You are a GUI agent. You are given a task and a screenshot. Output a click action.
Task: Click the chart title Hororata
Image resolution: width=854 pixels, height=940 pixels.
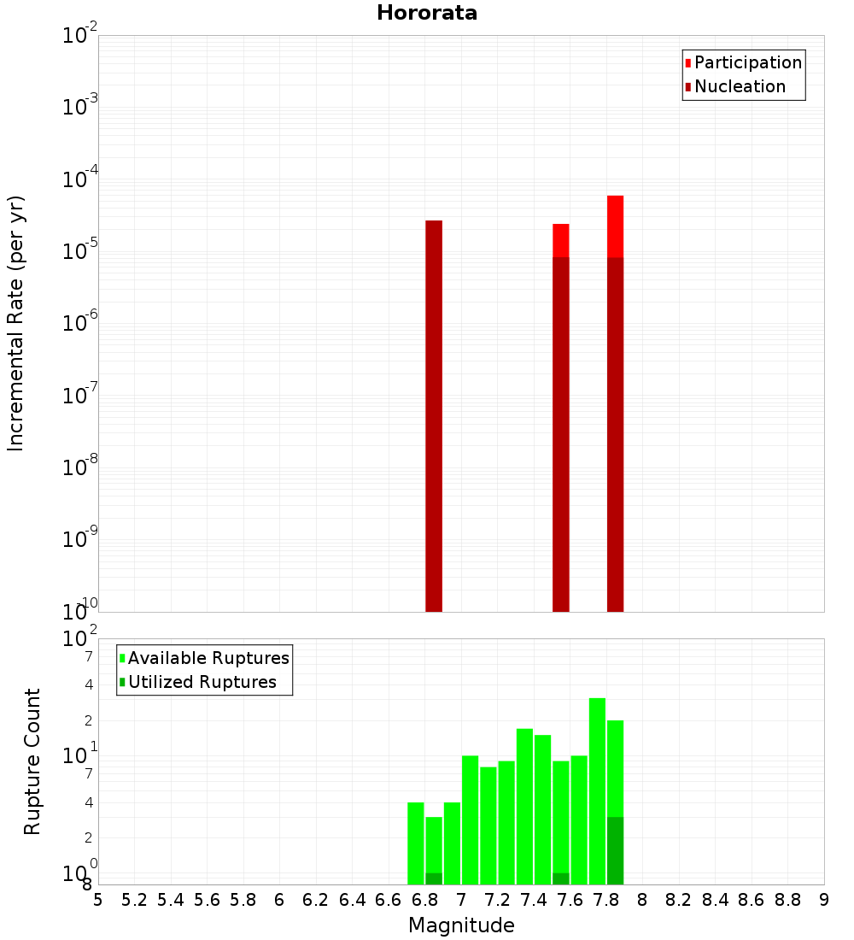click(427, 13)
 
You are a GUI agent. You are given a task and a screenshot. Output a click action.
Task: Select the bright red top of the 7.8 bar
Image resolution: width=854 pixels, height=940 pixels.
click(615, 226)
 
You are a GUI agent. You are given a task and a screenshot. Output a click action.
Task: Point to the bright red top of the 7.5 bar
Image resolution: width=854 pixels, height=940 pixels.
click(561, 240)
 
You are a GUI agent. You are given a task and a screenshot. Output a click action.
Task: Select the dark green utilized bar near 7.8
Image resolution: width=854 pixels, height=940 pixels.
click(615, 850)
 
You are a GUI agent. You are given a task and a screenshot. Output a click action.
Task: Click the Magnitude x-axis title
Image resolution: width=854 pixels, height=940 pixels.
click(461, 925)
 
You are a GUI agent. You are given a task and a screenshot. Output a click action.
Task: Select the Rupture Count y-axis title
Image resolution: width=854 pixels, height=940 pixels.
click(32, 761)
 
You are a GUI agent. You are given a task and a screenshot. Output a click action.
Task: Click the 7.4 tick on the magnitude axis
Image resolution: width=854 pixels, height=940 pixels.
click(534, 900)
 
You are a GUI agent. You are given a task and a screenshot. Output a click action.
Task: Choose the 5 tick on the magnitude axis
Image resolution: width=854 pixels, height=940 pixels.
click(98, 900)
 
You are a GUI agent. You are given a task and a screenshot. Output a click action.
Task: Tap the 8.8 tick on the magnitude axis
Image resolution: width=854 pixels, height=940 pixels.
click(787, 900)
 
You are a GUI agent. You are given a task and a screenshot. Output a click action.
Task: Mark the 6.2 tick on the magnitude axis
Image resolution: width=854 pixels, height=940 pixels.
click(316, 900)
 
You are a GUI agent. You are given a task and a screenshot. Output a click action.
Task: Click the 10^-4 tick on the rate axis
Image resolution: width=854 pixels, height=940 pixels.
click(80, 179)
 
